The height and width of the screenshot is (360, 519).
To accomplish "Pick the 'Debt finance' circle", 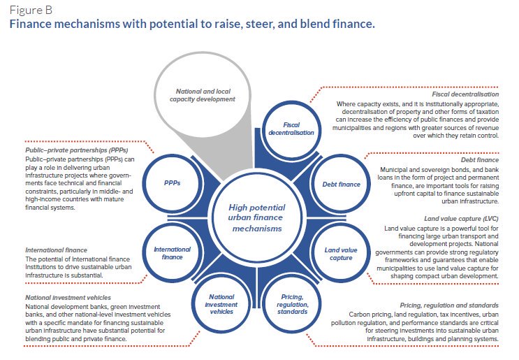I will pyautogui.click(x=340, y=185).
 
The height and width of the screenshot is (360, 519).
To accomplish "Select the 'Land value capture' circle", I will pyautogui.click(x=340, y=252).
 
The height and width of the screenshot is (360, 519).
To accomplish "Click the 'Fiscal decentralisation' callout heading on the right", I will pyautogui.click(x=464, y=93).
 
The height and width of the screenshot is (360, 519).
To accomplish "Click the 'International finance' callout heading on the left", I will pyautogui.click(x=56, y=249).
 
